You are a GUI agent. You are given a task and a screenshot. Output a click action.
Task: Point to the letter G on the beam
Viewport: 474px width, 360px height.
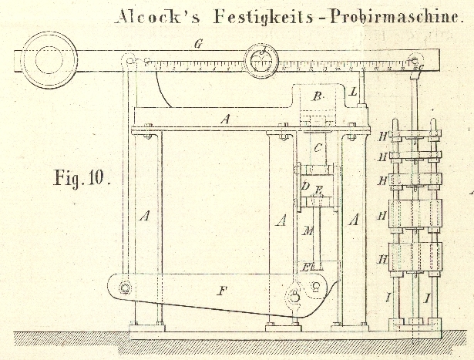(x=198, y=45)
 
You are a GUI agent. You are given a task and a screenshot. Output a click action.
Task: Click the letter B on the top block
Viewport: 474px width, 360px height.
(x=316, y=96)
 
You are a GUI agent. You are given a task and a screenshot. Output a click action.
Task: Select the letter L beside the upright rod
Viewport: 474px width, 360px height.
(x=352, y=92)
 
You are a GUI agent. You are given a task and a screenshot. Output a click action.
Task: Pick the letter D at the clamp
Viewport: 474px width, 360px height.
(x=305, y=186)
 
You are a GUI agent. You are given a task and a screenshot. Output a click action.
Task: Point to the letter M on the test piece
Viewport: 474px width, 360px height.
(x=306, y=229)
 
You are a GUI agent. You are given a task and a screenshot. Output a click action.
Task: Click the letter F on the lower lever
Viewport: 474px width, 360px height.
(x=223, y=291)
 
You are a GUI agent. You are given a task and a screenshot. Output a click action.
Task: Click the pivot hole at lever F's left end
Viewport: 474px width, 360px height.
(x=123, y=290)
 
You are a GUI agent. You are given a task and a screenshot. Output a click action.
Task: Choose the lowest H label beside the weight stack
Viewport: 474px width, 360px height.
(x=382, y=260)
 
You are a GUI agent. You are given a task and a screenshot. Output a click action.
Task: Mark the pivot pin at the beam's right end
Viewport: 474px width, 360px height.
(x=415, y=60)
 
